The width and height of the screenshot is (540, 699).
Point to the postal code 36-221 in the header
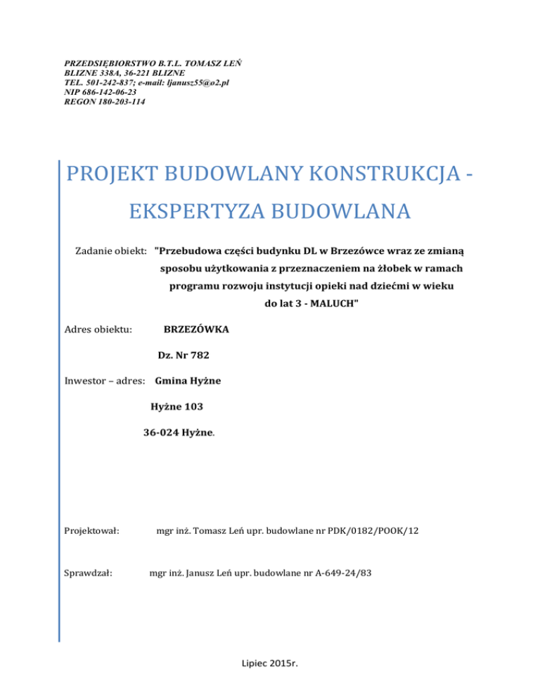(129, 72)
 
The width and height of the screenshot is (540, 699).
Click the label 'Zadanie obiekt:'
(111, 252)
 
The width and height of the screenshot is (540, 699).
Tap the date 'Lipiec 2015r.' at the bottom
(270, 681)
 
